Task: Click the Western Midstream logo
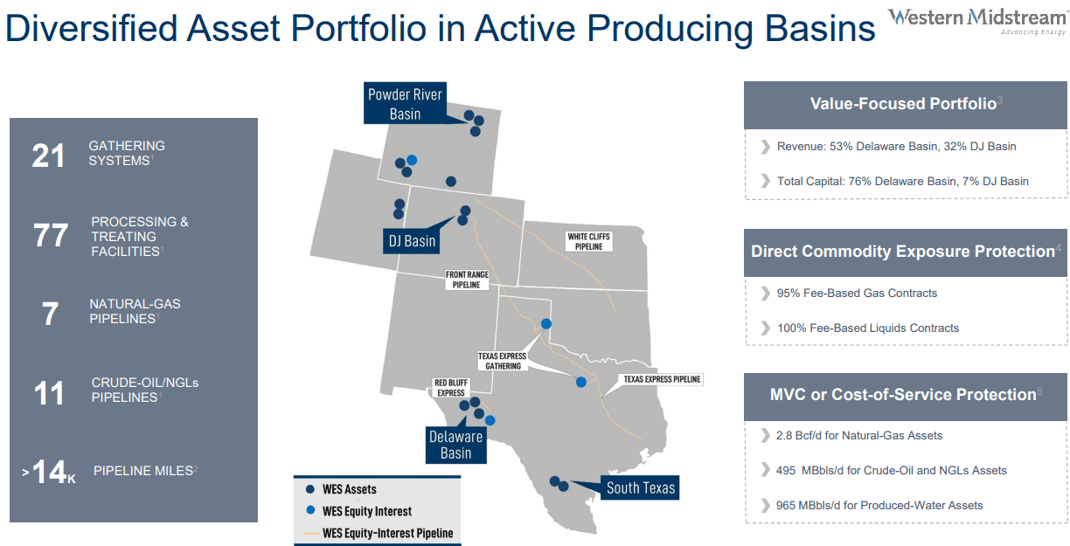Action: click(977, 22)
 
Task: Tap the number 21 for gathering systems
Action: click(48, 156)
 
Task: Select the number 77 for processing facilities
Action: click(50, 235)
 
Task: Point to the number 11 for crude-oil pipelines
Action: click(49, 393)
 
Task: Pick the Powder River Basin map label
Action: click(405, 104)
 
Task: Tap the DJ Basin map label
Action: click(412, 241)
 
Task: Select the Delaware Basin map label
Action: click(456, 445)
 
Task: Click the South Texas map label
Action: click(640, 487)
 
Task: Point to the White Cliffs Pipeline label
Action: click(588, 241)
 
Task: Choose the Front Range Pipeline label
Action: click(467, 280)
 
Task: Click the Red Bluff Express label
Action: click(451, 388)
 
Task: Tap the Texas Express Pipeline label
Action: click(662, 379)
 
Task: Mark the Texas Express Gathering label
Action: click(503, 361)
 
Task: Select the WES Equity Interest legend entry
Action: click(358, 511)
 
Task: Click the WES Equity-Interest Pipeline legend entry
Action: click(379, 533)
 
